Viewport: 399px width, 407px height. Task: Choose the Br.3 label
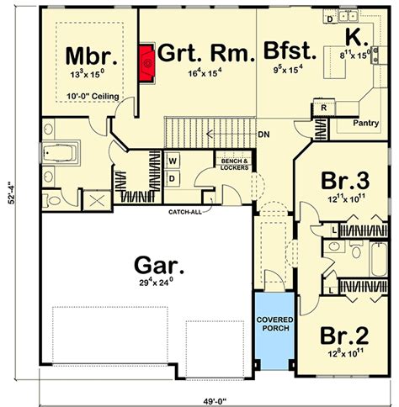pyautogui.click(x=345, y=182)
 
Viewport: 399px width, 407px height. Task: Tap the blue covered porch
pyautogui.click(x=274, y=324)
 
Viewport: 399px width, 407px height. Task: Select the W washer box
pyautogui.click(x=173, y=161)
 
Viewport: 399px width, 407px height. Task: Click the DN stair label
pyautogui.click(x=263, y=135)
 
